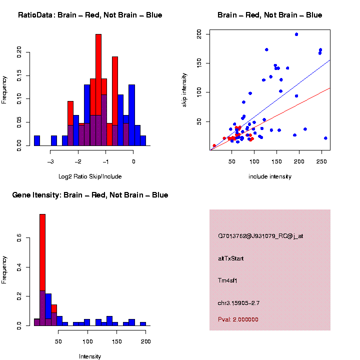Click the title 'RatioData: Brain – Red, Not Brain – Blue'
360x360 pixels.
(x=90, y=15)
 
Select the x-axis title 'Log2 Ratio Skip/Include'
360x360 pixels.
(x=89, y=176)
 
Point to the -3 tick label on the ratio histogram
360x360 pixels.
(x=50, y=162)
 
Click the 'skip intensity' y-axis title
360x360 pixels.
(x=184, y=90)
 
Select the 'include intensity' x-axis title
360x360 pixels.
(x=270, y=176)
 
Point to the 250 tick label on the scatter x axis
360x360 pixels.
(x=321, y=161)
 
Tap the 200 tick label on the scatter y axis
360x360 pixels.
(x=199, y=34)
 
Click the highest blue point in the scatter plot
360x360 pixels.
(x=296, y=34)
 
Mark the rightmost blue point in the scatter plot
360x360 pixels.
(x=325, y=138)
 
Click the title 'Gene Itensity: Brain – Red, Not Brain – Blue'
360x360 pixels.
(x=90, y=195)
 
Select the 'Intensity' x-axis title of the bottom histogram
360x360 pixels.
(x=90, y=356)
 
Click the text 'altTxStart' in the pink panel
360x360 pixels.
(x=231, y=258)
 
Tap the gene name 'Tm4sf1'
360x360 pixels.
(x=228, y=280)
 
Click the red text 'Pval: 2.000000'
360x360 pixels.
(x=238, y=319)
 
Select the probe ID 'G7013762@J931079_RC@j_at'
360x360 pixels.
(x=260, y=236)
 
